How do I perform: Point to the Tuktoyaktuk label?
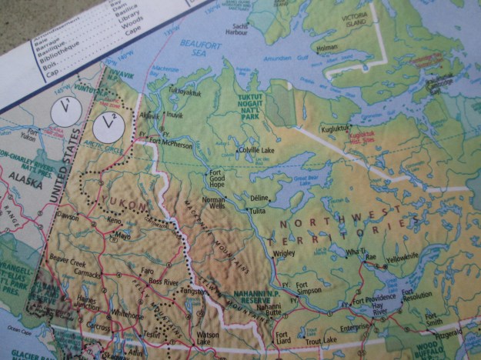coord(184,90)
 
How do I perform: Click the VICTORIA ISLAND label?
coord(401,19)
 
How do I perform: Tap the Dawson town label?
coord(68,218)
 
